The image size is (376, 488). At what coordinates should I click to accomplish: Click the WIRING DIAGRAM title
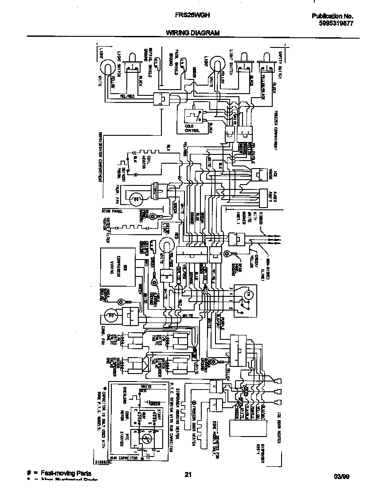[x=192, y=33]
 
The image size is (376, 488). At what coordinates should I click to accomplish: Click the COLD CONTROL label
[x=192, y=129]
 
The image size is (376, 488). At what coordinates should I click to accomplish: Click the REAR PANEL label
[x=111, y=211]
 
